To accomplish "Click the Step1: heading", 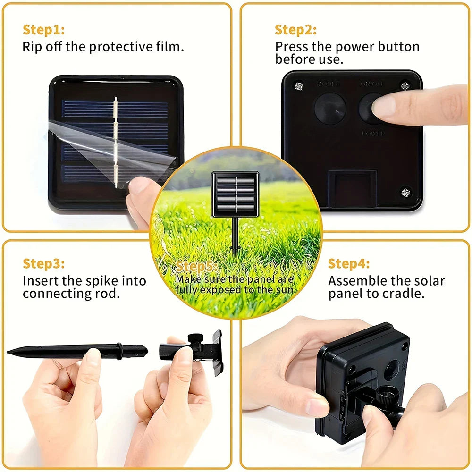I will pyautogui.click(x=43, y=30).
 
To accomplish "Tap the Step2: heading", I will pyautogui.click(x=295, y=30).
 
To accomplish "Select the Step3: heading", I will pyautogui.click(x=43, y=263).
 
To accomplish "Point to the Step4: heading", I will pyautogui.click(x=349, y=263).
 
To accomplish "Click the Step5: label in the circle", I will pyautogui.click(x=197, y=267).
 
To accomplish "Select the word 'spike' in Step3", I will pyautogui.click(x=102, y=281).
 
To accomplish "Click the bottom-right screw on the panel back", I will pyautogui.click(x=405, y=192).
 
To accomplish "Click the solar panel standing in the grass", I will pyautogui.click(x=235, y=194).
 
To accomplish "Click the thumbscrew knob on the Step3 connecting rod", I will pyautogui.click(x=194, y=338).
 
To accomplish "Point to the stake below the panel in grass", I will pyautogui.click(x=235, y=236).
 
